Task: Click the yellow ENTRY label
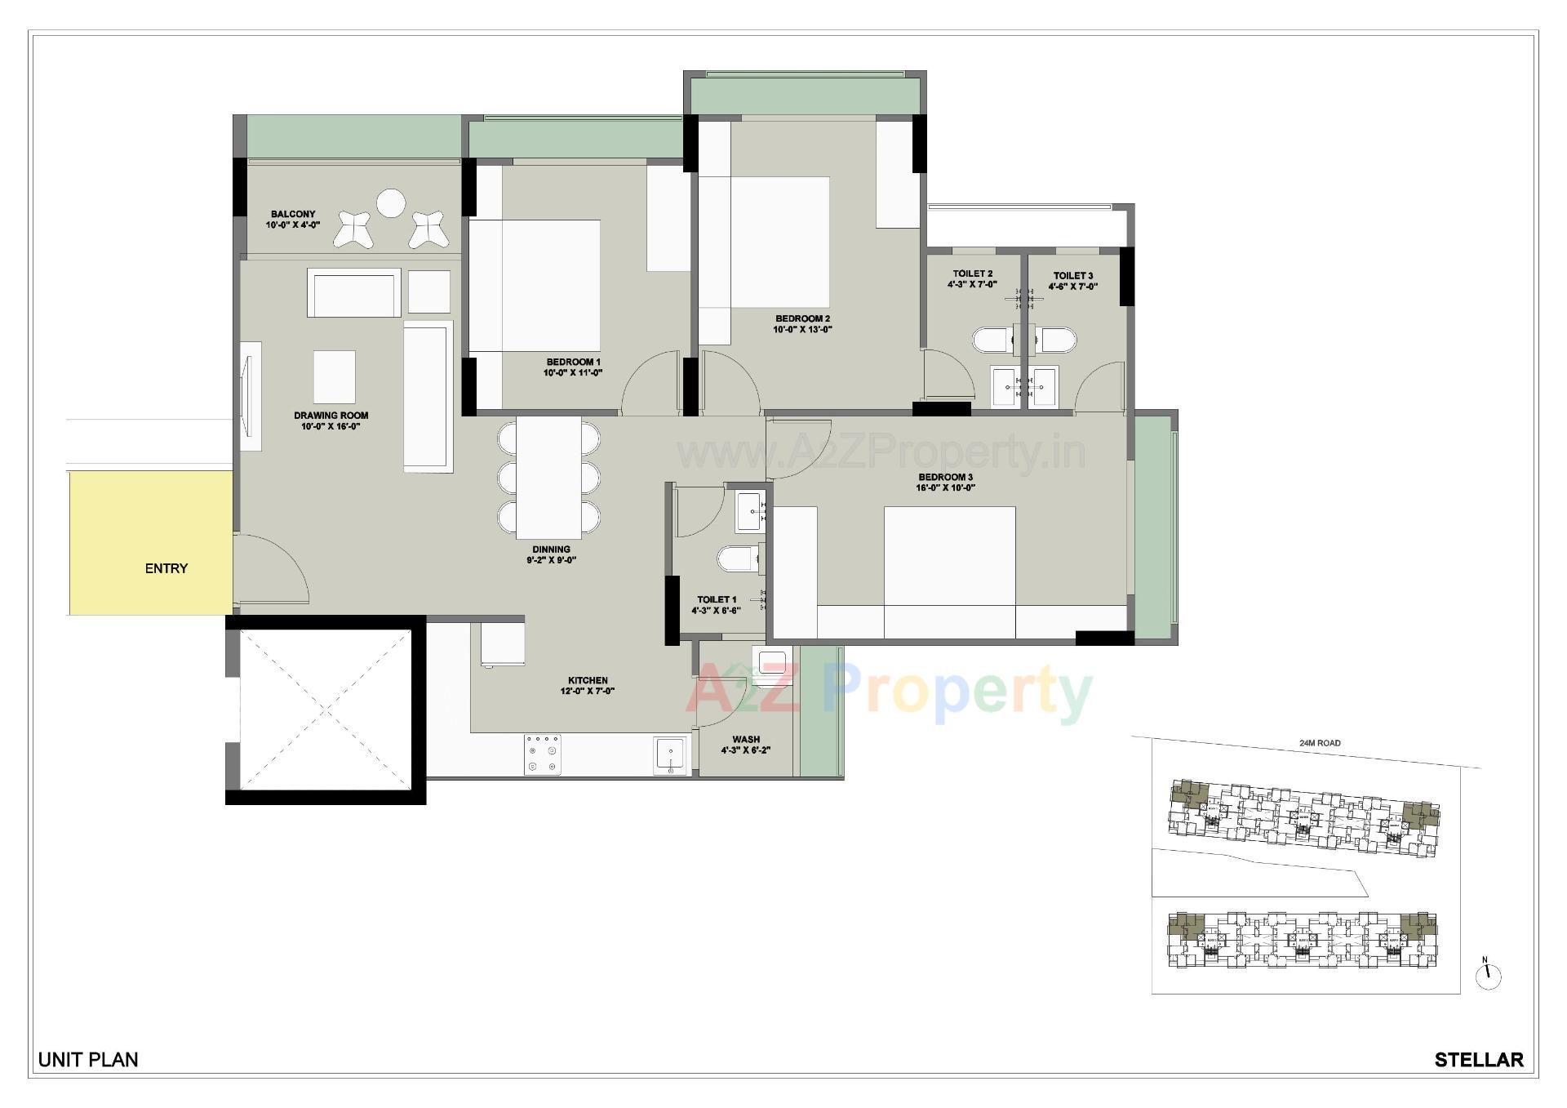[166, 568]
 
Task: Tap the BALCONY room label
[293, 214]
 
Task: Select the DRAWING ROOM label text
[331, 416]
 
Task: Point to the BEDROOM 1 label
[573, 362]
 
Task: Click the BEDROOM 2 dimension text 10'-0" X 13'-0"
[802, 330]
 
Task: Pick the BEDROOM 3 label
[945, 477]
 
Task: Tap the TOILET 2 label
[972, 274]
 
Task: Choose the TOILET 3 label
[1072, 276]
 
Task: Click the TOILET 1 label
[717, 599]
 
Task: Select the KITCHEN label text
[588, 680]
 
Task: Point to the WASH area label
[746, 740]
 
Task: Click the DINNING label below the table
[551, 550]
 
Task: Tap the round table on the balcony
[391, 203]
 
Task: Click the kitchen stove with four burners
[542, 754]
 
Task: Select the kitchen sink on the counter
[671, 754]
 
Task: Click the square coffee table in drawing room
[334, 377]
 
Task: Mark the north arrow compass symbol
[1489, 974]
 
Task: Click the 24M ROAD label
[1320, 743]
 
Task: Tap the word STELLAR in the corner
[1479, 1060]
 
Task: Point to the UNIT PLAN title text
[88, 1060]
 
